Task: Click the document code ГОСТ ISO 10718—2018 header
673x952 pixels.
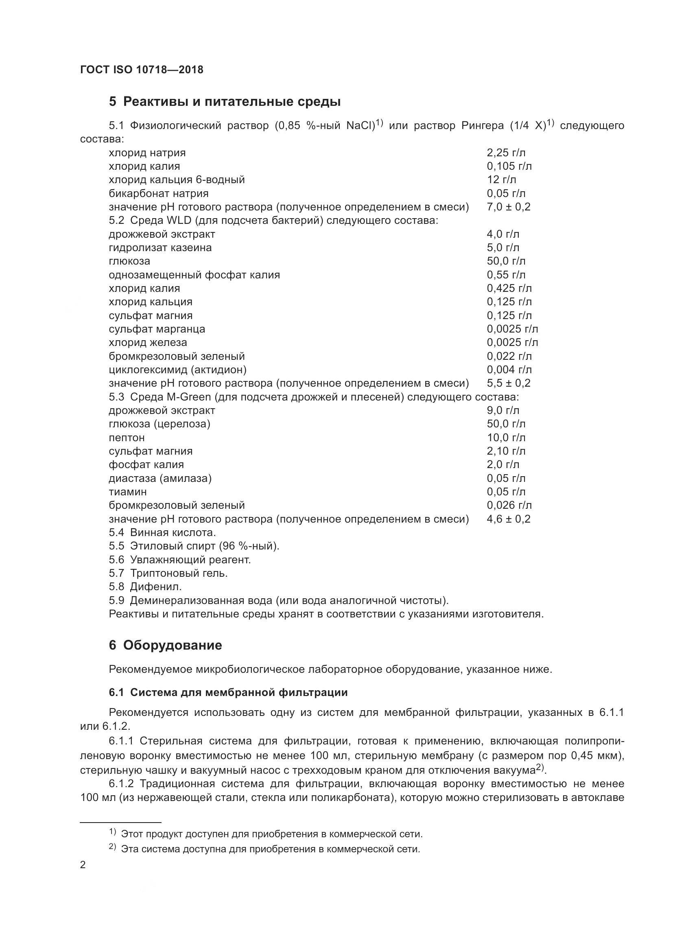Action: [x=142, y=70]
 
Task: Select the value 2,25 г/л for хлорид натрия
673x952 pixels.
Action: [x=506, y=153]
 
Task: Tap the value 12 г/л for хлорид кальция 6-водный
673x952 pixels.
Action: [x=501, y=179]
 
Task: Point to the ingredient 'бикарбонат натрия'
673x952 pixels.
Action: [x=158, y=193]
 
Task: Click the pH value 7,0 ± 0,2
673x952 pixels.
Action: [x=508, y=207]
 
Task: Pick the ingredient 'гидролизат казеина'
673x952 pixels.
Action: [x=160, y=247]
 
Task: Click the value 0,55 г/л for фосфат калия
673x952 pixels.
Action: [x=506, y=274]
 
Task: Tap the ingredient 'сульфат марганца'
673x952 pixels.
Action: [x=157, y=329]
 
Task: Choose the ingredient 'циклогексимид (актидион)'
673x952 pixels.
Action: [x=177, y=370]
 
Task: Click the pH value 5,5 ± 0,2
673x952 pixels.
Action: [x=508, y=383]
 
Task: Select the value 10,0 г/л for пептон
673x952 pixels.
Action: [x=506, y=438]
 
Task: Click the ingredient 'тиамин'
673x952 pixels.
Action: [x=128, y=492]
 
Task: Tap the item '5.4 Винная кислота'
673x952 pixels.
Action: [x=162, y=532]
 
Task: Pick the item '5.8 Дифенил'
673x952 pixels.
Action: [x=145, y=587]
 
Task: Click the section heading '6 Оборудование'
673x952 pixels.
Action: [x=165, y=645]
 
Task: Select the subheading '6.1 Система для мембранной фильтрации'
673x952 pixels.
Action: [x=228, y=692]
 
